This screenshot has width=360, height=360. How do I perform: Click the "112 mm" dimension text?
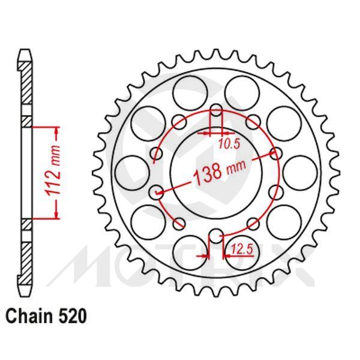pos(52,173)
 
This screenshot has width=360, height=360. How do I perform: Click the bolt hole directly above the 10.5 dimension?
pos(217,110)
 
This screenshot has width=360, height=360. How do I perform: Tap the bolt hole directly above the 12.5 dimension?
pos(217,235)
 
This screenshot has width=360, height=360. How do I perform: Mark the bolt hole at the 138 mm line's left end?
pos(158,193)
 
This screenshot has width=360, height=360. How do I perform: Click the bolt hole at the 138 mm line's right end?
pos(276,153)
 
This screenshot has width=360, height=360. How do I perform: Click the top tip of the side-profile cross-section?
pos(25,52)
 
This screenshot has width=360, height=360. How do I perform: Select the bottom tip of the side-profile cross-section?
pos(25,287)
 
